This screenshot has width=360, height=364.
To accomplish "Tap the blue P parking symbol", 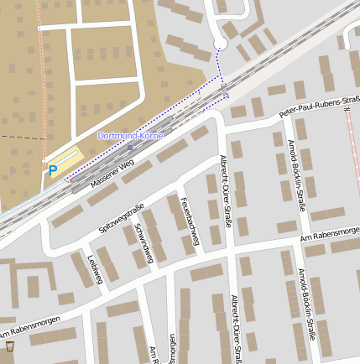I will pos(52,170).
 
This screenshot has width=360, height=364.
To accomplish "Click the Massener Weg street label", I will pos(112,173).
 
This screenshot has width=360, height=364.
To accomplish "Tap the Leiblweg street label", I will pos(93,270).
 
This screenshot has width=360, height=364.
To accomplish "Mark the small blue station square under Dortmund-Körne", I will pos(130,147).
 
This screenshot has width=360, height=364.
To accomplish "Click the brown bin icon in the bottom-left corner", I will pos(9,346).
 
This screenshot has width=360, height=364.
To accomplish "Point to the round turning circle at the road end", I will pos(220,44).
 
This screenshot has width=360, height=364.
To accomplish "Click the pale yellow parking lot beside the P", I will pos(67,161).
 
